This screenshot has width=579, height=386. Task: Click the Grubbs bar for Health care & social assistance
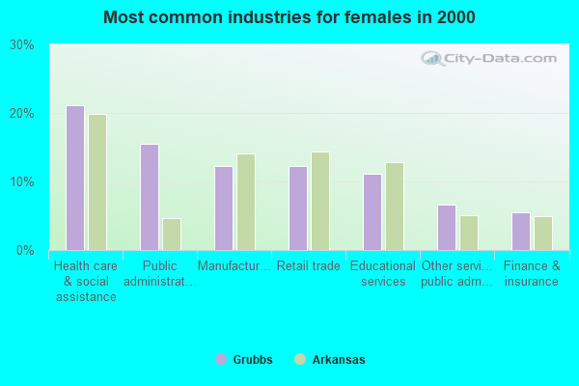click(75, 178)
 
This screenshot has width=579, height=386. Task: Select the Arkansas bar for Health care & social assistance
click(97, 182)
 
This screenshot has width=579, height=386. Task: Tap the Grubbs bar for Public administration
click(150, 197)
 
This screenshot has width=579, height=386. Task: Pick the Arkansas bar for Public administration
click(171, 234)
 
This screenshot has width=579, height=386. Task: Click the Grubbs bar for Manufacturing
click(224, 208)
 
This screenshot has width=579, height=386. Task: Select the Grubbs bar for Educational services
click(372, 212)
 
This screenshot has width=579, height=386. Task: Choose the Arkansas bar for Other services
click(469, 233)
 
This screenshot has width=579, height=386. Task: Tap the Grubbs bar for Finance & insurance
click(521, 232)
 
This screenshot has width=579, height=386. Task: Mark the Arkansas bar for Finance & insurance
click(543, 234)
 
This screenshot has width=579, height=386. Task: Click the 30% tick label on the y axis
click(21, 45)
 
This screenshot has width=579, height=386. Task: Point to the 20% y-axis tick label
click(21, 114)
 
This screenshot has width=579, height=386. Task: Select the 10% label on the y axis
click(21, 182)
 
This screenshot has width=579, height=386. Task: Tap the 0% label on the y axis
click(24, 251)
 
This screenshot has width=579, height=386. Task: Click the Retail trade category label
click(308, 266)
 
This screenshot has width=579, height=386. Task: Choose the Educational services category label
click(382, 274)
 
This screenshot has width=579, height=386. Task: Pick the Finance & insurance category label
click(531, 274)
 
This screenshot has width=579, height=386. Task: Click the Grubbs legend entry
click(245, 360)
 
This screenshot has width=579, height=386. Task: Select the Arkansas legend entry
click(330, 360)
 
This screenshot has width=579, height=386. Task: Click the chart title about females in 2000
click(289, 17)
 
